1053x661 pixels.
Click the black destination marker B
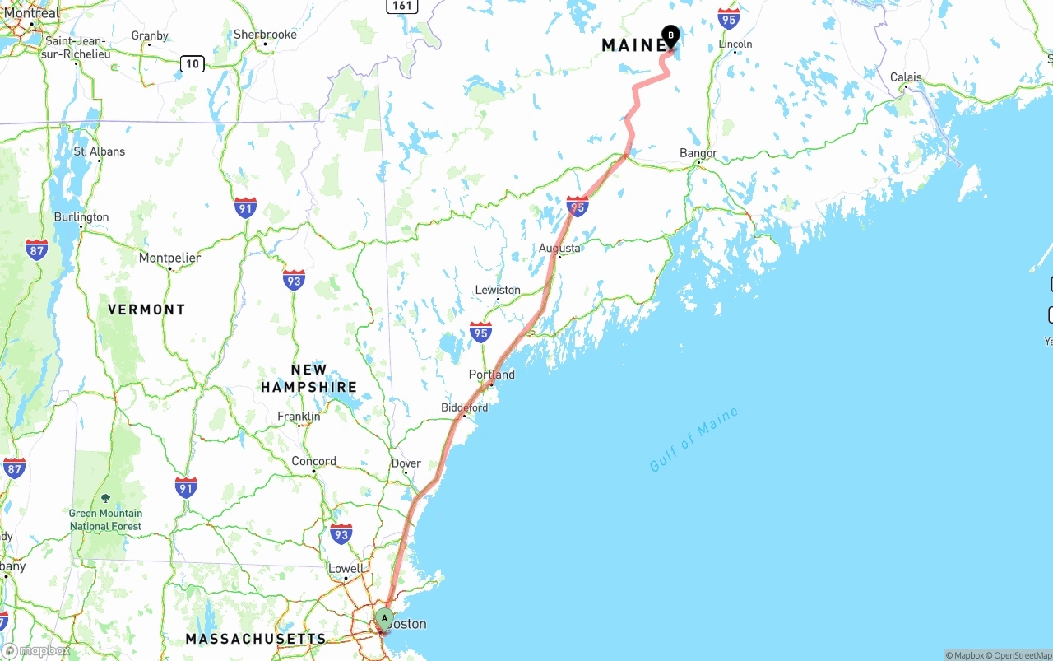tap(670, 35)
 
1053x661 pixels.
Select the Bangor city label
tap(698, 153)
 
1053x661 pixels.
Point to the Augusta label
tap(559, 248)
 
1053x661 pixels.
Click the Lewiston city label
tap(498, 290)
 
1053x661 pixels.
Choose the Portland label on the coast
tap(492, 375)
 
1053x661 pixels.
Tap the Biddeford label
tap(464, 407)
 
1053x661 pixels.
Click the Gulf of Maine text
tap(693, 440)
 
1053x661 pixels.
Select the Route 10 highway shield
tap(193, 63)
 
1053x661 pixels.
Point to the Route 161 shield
tap(401, 6)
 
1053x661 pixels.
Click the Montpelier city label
tap(169, 258)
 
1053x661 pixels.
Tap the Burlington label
tap(81, 217)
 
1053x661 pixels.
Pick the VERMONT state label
tap(146, 310)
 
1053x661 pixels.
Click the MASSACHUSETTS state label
tap(256, 639)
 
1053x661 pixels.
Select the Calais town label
tap(906, 77)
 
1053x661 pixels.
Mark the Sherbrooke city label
tap(265, 35)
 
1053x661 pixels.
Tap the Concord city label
tap(313, 461)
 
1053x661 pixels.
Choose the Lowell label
tap(346, 569)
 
